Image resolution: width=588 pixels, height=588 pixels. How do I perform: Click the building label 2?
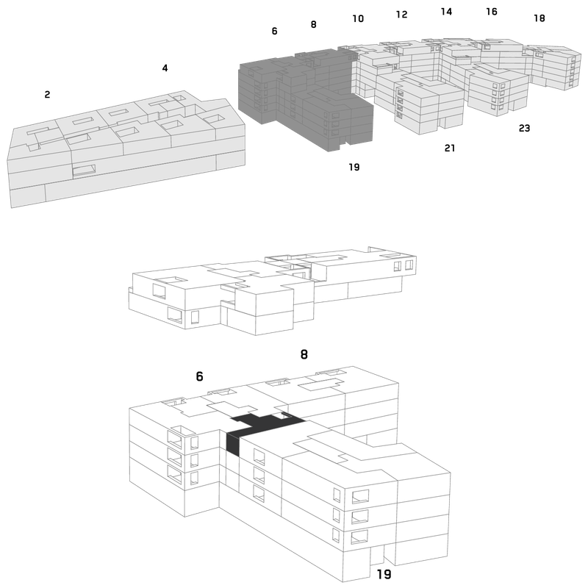47,95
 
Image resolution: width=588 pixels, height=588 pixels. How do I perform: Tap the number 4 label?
165,68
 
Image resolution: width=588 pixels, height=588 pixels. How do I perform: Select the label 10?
358,18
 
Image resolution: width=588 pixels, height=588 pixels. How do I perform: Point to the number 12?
401,14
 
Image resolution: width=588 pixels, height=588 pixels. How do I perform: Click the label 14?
446,12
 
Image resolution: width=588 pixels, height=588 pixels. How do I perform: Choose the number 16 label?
492,12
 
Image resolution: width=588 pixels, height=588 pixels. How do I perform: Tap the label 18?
539,18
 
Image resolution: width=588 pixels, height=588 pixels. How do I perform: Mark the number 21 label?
450,148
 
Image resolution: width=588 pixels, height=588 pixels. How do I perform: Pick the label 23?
524,128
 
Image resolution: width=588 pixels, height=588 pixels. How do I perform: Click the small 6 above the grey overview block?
274,31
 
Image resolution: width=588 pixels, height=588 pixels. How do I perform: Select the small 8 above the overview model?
314,24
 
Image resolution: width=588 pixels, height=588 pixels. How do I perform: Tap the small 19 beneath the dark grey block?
354,167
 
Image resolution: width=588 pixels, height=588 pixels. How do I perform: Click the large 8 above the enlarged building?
304,354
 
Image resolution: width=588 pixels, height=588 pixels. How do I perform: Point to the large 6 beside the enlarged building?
199,376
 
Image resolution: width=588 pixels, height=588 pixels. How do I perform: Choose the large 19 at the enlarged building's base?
384,574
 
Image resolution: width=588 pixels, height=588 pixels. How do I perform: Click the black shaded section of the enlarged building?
262,424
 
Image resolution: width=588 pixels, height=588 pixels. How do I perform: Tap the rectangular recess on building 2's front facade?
84,171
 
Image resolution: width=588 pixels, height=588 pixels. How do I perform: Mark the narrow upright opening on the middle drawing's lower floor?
195,317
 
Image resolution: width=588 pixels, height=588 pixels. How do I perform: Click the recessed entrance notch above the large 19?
377,554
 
